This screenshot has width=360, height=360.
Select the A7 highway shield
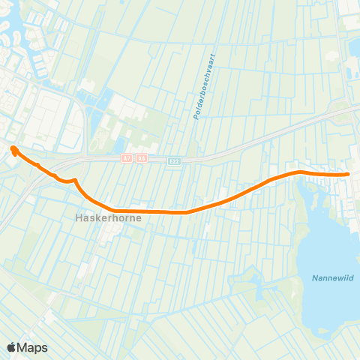tap(127, 159)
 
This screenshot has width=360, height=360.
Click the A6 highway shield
tap(139, 159)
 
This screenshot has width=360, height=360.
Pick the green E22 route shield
tap(174, 160)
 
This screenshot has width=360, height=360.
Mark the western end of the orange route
tap(13, 148)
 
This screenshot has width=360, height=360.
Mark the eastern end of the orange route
tap(349, 175)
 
